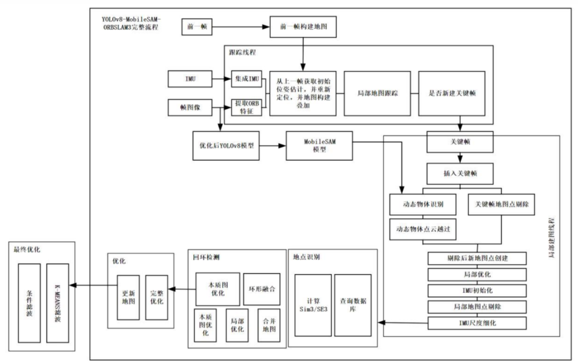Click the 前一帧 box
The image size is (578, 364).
tap(197, 27)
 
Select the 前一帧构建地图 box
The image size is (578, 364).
tap(303, 27)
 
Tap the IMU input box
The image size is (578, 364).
tap(190, 79)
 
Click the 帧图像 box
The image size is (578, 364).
tap(190, 107)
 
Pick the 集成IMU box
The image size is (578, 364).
tap(247, 79)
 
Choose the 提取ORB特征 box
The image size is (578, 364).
tap(247, 107)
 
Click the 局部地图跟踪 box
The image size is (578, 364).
tap(377, 94)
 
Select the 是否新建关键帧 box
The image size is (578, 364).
tap(452, 94)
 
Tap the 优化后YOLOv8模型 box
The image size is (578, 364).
tap(226, 146)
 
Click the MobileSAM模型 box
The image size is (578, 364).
tap(319, 146)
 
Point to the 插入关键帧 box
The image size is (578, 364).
tap(460, 174)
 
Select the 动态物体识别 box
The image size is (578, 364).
tap(423, 204)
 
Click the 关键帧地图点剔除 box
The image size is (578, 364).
tap(501, 204)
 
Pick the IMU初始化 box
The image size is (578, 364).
tap(477, 291)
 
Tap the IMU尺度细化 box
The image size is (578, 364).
tap(477, 323)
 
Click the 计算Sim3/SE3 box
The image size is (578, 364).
tap(313, 305)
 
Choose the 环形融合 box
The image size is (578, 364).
tap(262, 289)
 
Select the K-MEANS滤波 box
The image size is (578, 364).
tap(57, 303)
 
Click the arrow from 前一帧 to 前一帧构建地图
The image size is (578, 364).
tap(241, 27)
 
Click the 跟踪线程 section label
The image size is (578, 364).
tap(242, 52)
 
